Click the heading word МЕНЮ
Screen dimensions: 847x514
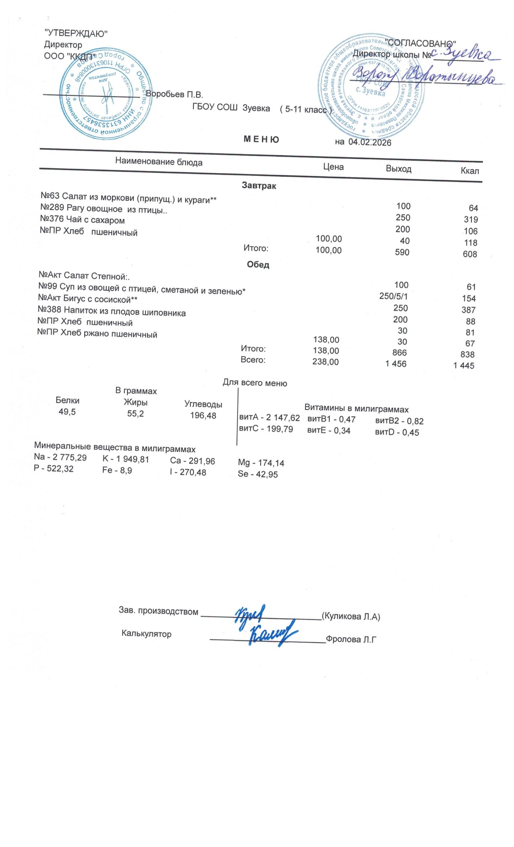coord(261,140)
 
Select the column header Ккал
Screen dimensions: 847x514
coord(469,171)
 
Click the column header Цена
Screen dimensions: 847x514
coord(333,167)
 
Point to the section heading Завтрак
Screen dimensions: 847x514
coord(259,186)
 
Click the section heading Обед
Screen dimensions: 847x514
coord(258,265)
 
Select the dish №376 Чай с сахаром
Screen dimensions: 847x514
coord(82,220)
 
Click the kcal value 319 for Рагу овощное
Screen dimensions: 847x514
coord(470,220)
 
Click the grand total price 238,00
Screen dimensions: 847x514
coord(325,362)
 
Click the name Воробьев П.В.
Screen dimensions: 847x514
coord(175,94)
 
